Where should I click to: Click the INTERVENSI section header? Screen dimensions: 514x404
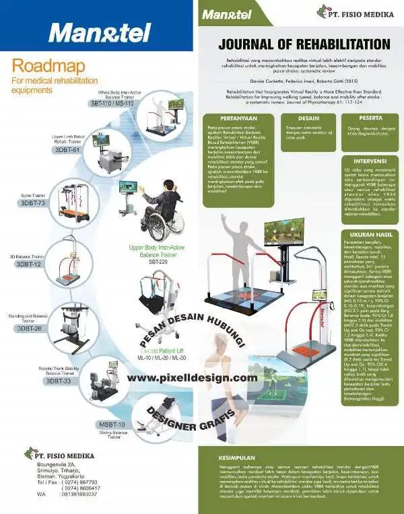click(x=370, y=161)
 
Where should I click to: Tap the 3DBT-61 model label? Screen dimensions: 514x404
click(x=68, y=150)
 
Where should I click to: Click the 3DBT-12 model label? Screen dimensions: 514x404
click(x=28, y=265)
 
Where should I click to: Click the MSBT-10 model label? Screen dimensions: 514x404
click(x=112, y=425)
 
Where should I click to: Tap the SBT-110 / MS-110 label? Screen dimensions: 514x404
click(x=112, y=104)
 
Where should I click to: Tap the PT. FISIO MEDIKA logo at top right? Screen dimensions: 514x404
click(x=359, y=12)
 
